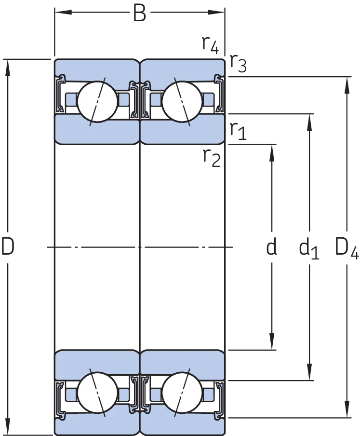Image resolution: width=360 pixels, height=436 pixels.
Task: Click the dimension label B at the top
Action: [139, 13]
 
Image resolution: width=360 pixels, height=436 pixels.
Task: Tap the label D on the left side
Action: [8, 246]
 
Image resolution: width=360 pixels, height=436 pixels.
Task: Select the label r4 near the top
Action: [210, 44]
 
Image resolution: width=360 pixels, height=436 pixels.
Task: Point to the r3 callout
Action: [238, 63]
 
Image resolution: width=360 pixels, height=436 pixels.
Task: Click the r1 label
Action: [238, 131]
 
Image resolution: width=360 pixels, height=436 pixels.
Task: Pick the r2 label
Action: [212, 158]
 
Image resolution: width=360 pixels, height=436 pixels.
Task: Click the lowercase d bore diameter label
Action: [271, 246]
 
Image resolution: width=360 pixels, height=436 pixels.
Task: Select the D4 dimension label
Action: [347, 248]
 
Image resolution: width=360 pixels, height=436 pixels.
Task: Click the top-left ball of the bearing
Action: [97, 101]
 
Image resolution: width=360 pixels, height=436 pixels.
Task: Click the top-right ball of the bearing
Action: [182, 101]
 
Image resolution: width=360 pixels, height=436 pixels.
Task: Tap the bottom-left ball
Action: [97, 392]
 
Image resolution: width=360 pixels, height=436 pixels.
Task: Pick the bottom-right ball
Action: [182, 392]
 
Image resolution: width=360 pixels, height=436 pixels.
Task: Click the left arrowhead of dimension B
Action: [63, 12]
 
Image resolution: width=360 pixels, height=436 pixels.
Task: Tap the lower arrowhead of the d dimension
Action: [272, 341]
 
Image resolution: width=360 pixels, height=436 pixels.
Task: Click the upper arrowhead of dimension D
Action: [8, 68]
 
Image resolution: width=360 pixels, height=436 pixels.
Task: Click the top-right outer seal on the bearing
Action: [219, 93]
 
